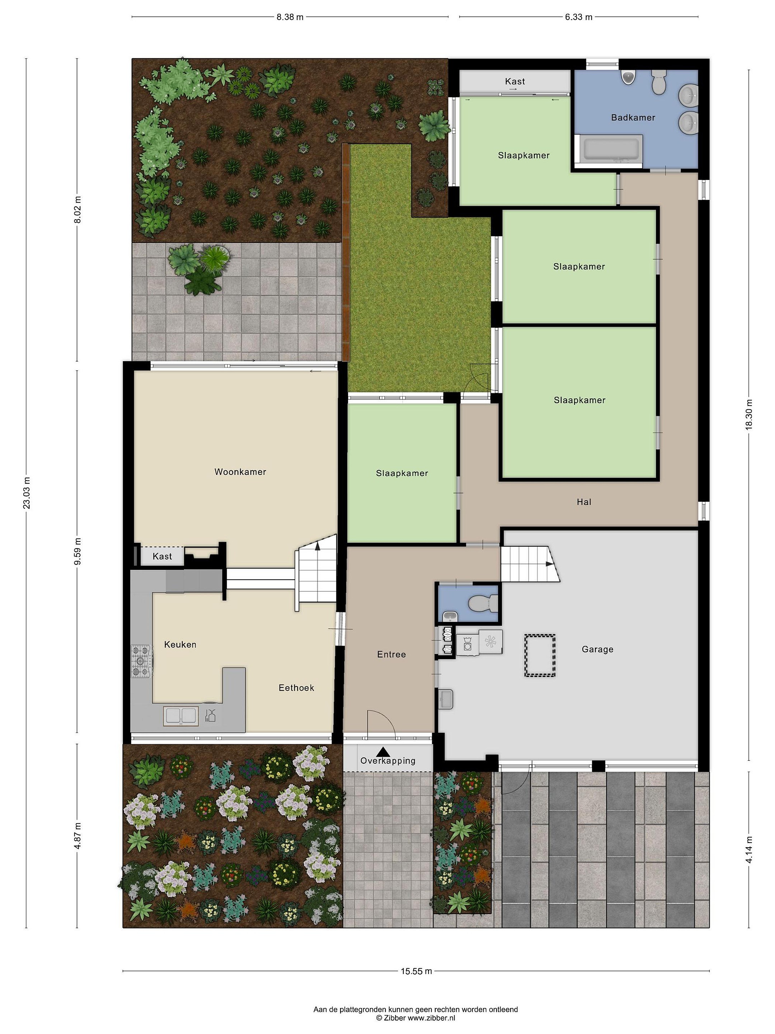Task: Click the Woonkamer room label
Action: point(240,472)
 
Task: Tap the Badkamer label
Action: point(633,117)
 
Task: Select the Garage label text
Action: point(597,649)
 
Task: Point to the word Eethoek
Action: point(296,688)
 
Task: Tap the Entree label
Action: point(391,655)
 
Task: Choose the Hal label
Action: point(584,502)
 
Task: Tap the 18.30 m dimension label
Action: point(749,414)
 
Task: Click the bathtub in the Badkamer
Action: point(611,149)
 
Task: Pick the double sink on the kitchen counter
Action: point(180,716)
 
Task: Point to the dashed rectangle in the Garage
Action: point(540,655)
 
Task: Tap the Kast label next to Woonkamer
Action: point(162,556)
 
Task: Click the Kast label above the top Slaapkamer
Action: point(515,81)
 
